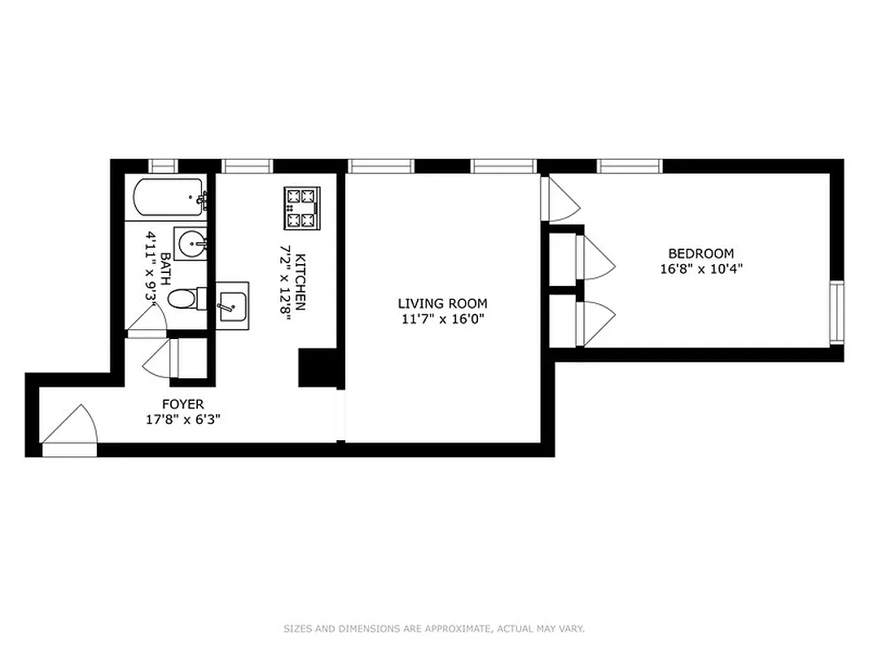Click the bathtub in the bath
coord(169,196)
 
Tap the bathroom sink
coord(191,242)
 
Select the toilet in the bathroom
coord(185,299)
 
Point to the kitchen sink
coord(231,302)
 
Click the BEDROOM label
coord(700,253)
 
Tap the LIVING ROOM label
coord(442,304)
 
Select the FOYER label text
coord(182,404)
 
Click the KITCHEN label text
coord(300,282)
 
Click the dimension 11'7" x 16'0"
coord(442,319)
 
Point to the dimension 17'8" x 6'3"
coord(182,420)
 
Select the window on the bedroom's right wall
coord(836,311)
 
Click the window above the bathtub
coord(163,165)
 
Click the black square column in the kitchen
coord(317,368)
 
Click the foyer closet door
coord(161,359)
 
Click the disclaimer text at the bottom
coord(434,628)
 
